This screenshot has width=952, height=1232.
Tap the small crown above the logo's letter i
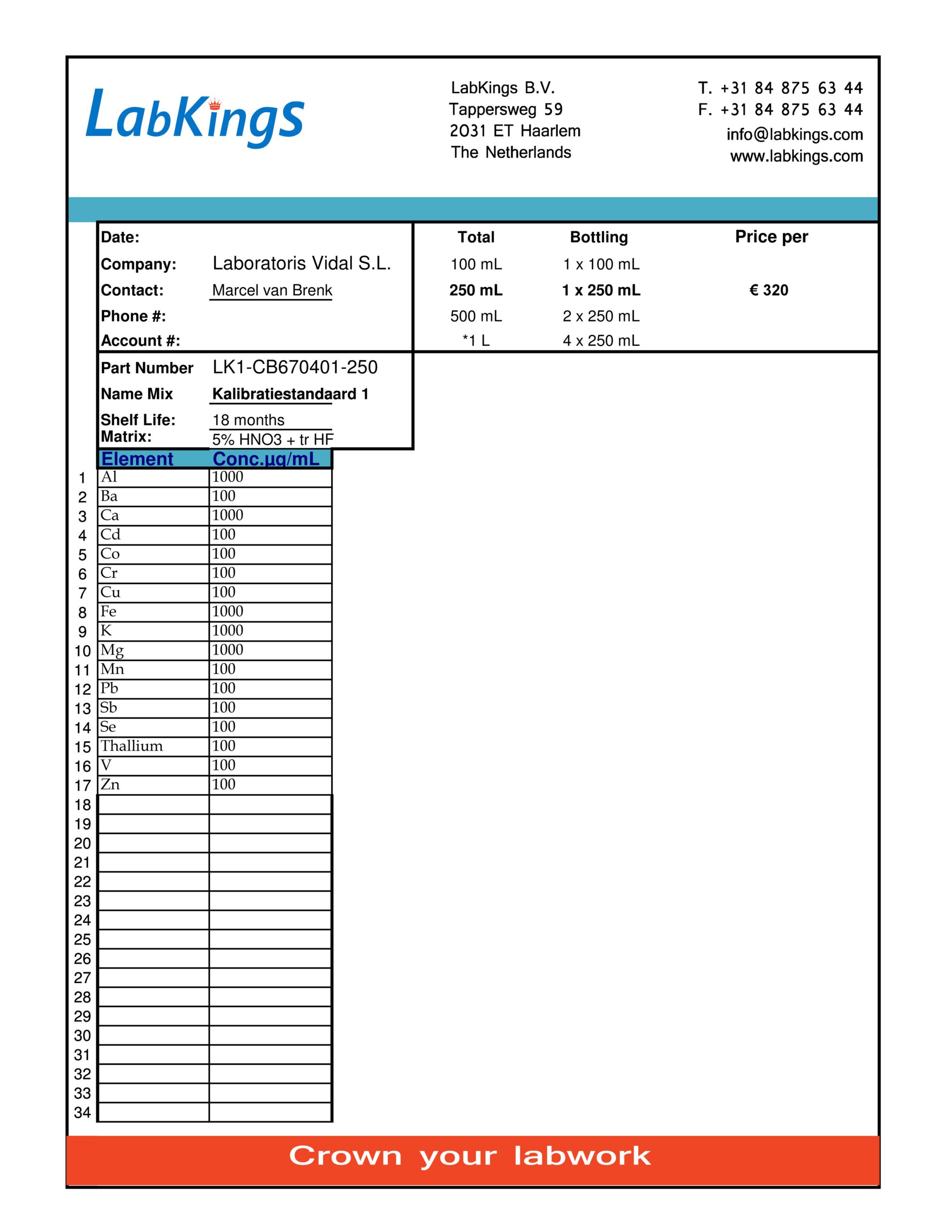[215, 104]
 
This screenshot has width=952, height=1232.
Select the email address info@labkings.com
[794, 135]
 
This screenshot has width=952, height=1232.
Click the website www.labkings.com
[796, 156]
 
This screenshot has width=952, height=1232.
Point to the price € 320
[769, 291]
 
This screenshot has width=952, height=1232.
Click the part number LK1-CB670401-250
[295, 368]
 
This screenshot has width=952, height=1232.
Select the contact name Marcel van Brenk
[272, 291]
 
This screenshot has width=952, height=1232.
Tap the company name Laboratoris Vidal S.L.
[301, 263]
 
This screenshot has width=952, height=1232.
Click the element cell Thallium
[131, 746]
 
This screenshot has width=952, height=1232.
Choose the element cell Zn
[110, 784]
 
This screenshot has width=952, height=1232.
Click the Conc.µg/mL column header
[266, 459]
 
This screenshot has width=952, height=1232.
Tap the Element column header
[137, 459]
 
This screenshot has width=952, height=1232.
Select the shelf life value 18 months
[248, 420]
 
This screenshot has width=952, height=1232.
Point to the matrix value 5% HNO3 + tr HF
[272, 439]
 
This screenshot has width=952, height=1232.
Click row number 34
[82, 1113]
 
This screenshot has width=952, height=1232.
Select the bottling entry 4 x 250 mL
[601, 341]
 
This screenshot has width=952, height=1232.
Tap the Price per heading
[771, 237]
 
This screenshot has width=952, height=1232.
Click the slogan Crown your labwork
[470, 1156]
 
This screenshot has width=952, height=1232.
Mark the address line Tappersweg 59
[506, 109]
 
